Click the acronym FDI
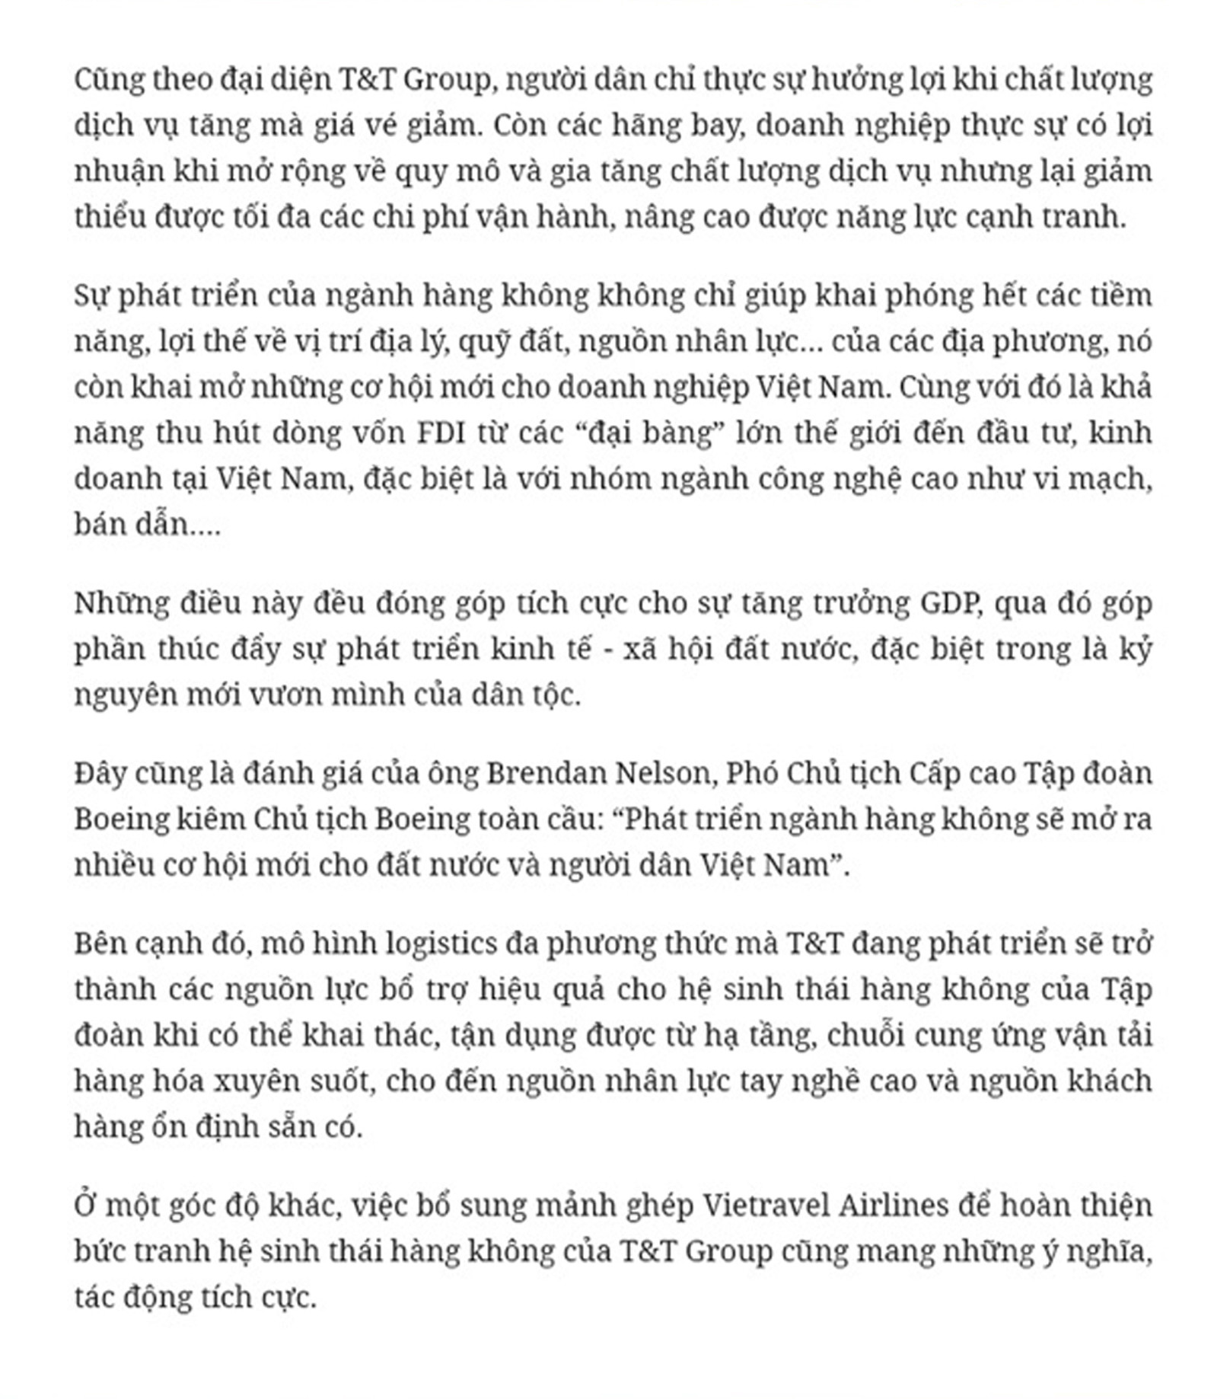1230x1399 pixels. pyautogui.click(x=442, y=433)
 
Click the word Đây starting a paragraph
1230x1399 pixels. pyautogui.click(x=100, y=773)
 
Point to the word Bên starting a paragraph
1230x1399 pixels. pyautogui.click(x=98, y=944)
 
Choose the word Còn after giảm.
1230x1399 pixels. pyautogui.click(x=518, y=125)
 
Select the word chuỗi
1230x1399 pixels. pyautogui.click(x=861, y=1036)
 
